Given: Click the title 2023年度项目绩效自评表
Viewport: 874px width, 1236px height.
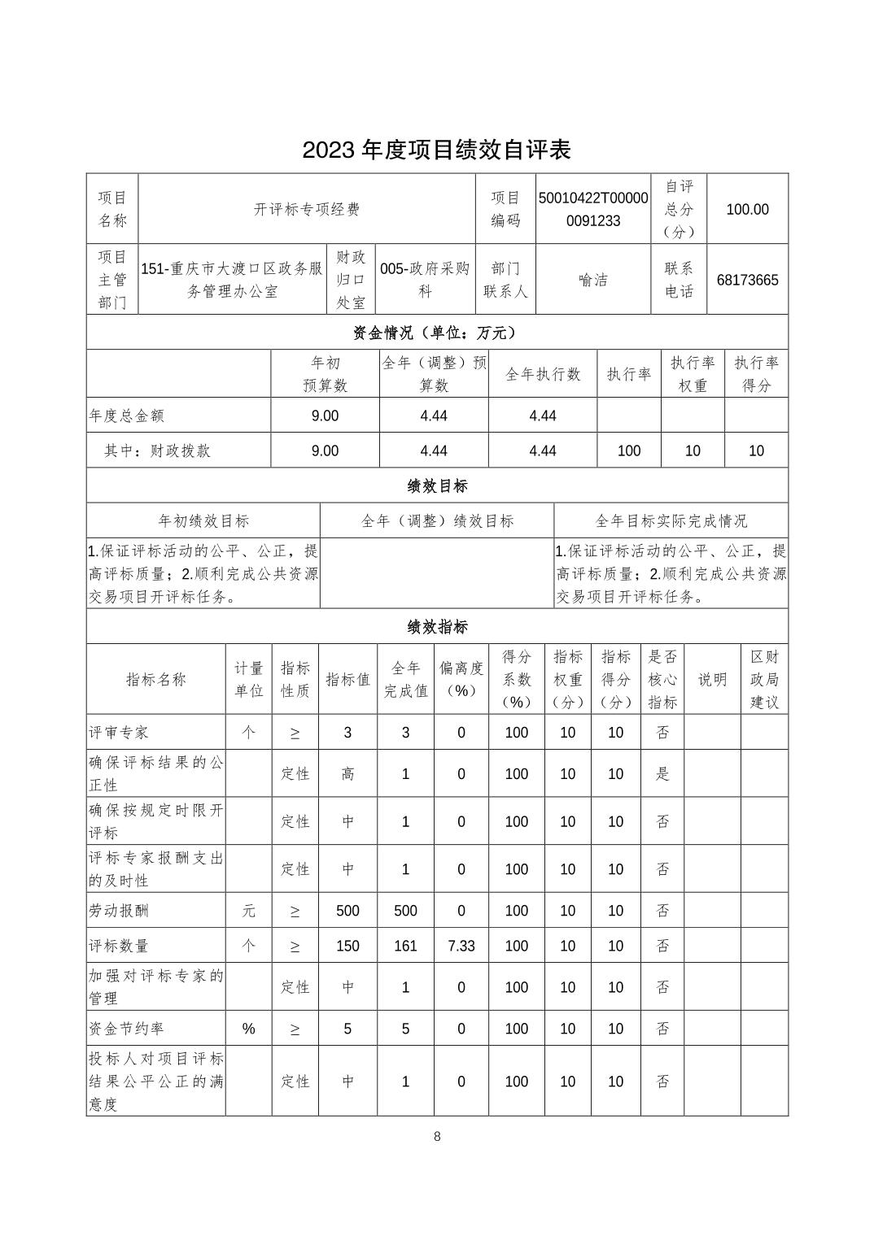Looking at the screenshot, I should pyautogui.click(x=436, y=150).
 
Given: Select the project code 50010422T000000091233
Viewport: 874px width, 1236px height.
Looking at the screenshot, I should pyautogui.click(x=593, y=209).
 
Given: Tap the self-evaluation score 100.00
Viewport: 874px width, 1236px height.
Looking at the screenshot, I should pyautogui.click(x=747, y=209).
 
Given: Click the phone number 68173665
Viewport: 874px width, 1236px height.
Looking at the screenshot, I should pyautogui.click(x=747, y=280).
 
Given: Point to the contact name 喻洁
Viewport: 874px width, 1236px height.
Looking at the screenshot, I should pyautogui.click(x=593, y=280).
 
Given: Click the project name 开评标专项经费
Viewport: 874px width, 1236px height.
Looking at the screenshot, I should pyautogui.click(x=307, y=209).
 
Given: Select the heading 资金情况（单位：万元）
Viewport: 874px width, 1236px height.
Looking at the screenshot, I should pyautogui.click(x=436, y=332).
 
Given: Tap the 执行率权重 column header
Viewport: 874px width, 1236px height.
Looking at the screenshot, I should pyautogui.click(x=693, y=374).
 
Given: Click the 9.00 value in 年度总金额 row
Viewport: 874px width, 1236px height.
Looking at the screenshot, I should pyautogui.click(x=325, y=416).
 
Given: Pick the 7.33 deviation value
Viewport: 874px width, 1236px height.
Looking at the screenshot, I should pyautogui.click(x=461, y=946).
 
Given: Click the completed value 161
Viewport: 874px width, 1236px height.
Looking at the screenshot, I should pyautogui.click(x=405, y=946).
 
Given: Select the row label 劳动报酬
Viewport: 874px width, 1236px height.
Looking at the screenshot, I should pyautogui.click(x=119, y=911).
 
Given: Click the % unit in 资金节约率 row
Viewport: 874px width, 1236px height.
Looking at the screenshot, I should pyautogui.click(x=248, y=1029).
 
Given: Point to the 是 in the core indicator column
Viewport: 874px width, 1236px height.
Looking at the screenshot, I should pyautogui.click(x=662, y=773).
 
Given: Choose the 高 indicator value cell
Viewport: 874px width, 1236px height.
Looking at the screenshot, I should pyautogui.click(x=347, y=773).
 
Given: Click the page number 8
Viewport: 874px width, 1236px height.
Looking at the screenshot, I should pyautogui.click(x=437, y=1136).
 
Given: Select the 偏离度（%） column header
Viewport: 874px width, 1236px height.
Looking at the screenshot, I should pyautogui.click(x=461, y=679).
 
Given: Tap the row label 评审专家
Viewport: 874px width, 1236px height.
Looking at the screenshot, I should pyautogui.click(x=119, y=732).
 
